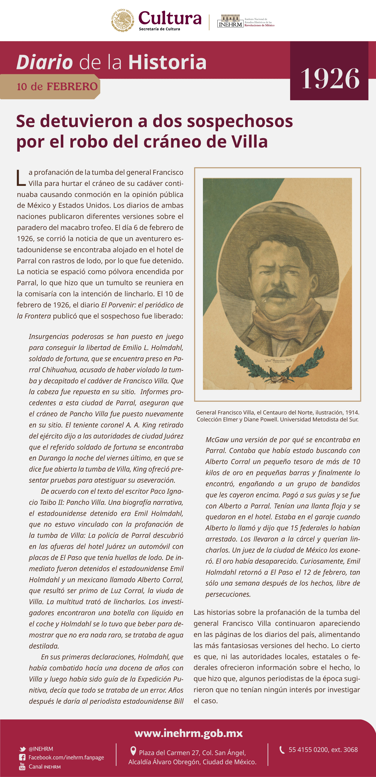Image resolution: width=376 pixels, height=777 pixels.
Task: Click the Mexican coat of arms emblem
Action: click(123, 20)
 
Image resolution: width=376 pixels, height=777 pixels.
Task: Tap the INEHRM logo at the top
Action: click(230, 21)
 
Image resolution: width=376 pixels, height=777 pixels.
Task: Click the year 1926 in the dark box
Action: click(330, 79)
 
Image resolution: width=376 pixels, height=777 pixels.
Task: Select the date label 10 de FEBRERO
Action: click(57, 87)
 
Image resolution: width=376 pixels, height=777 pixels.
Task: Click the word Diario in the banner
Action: click(45, 62)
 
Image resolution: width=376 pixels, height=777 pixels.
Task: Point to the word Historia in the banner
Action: click(168, 62)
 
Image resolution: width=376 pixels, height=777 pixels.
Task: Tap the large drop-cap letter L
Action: click(21, 178)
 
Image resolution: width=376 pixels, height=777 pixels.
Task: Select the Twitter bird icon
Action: click(22, 749)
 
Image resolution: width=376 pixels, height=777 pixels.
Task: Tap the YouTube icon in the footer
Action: click(22, 766)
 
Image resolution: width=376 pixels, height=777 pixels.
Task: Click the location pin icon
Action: click(133, 751)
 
